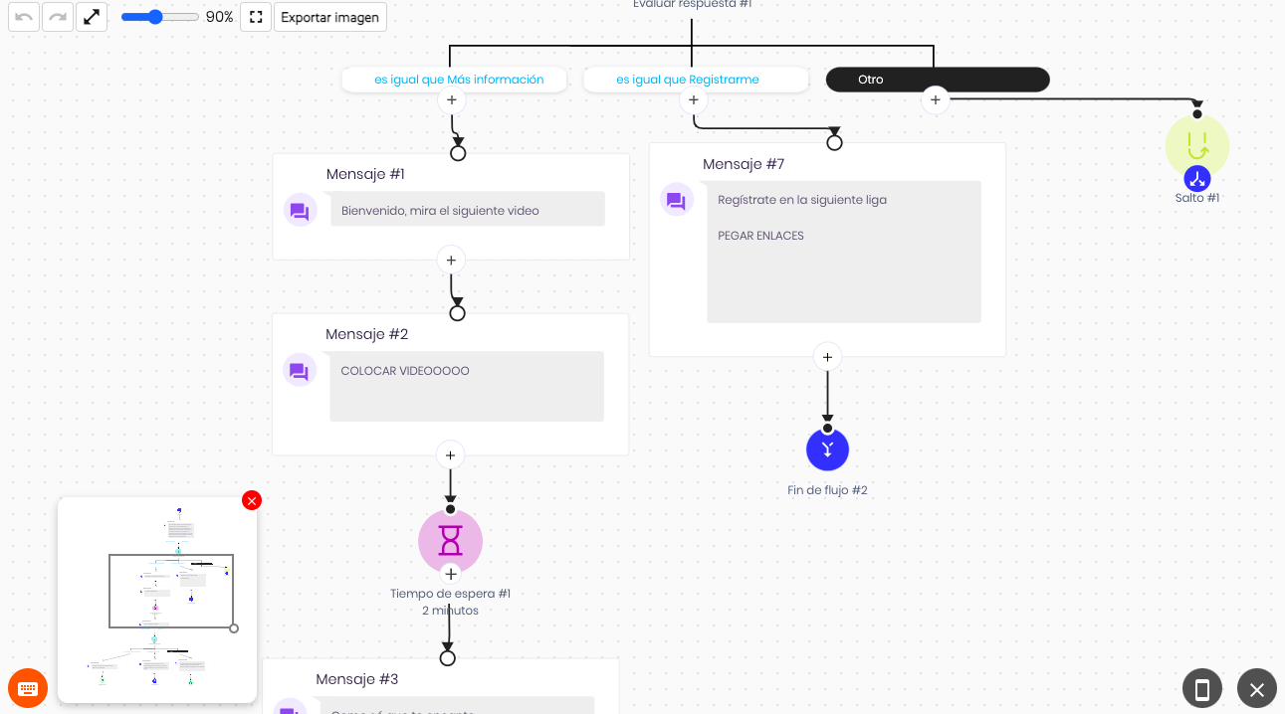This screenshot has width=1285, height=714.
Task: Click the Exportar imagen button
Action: pyautogui.click(x=329, y=17)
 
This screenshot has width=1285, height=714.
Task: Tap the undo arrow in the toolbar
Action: pyautogui.click(x=24, y=17)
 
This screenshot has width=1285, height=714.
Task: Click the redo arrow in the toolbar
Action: pyautogui.click(x=58, y=17)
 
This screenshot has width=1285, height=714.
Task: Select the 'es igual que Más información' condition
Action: pyautogui.click(x=454, y=80)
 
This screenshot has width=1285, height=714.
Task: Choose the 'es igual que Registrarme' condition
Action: pyautogui.click(x=694, y=80)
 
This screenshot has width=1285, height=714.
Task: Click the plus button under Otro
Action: pyautogui.click(x=935, y=99)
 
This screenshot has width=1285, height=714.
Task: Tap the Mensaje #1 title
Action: pyautogui.click(x=365, y=174)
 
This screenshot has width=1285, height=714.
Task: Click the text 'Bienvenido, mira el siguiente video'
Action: pyautogui.click(x=440, y=211)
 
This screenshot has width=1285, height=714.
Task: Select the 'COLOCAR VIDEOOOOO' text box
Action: pyautogui.click(x=466, y=386)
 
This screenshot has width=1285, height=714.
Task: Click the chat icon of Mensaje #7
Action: pyautogui.click(x=676, y=202)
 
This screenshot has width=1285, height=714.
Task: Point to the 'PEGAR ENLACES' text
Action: pyautogui.click(x=760, y=236)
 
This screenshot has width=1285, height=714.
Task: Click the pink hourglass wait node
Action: pyautogui.click(x=450, y=540)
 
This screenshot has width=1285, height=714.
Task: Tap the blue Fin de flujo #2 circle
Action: pyautogui.click(x=827, y=449)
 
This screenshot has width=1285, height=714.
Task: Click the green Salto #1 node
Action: pyautogui.click(x=1196, y=146)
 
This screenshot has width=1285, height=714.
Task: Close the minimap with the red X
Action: pyautogui.click(x=252, y=500)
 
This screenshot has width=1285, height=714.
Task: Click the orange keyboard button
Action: pyautogui.click(x=27, y=688)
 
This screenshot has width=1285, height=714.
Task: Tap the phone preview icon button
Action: pyautogui.click(x=1202, y=688)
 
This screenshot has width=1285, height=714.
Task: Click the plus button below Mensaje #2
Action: pyautogui.click(x=450, y=455)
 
